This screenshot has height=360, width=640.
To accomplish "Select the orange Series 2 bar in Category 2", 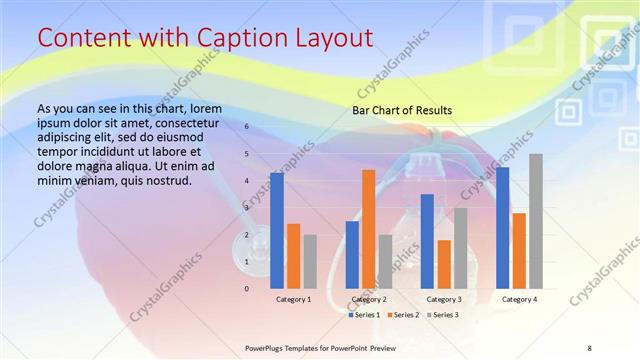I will point(368,229).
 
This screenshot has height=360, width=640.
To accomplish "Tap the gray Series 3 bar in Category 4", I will point(536,221).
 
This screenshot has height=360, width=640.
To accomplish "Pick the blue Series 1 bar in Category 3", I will point(427,241).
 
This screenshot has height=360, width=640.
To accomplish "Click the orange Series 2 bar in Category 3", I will point(444,264).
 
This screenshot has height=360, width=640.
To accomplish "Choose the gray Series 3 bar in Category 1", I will point(310,262).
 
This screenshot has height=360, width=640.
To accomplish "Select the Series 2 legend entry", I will point(402,315).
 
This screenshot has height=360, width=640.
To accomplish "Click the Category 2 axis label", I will point(368,299).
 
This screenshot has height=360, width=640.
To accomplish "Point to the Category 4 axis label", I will point(519,299).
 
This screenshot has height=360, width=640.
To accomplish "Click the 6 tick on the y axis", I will point(247,127).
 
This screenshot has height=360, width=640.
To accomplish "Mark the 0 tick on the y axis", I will point(247,289).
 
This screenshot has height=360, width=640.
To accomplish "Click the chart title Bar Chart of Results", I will point(402,110).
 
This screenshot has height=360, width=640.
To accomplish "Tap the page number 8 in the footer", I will point(589,347).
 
